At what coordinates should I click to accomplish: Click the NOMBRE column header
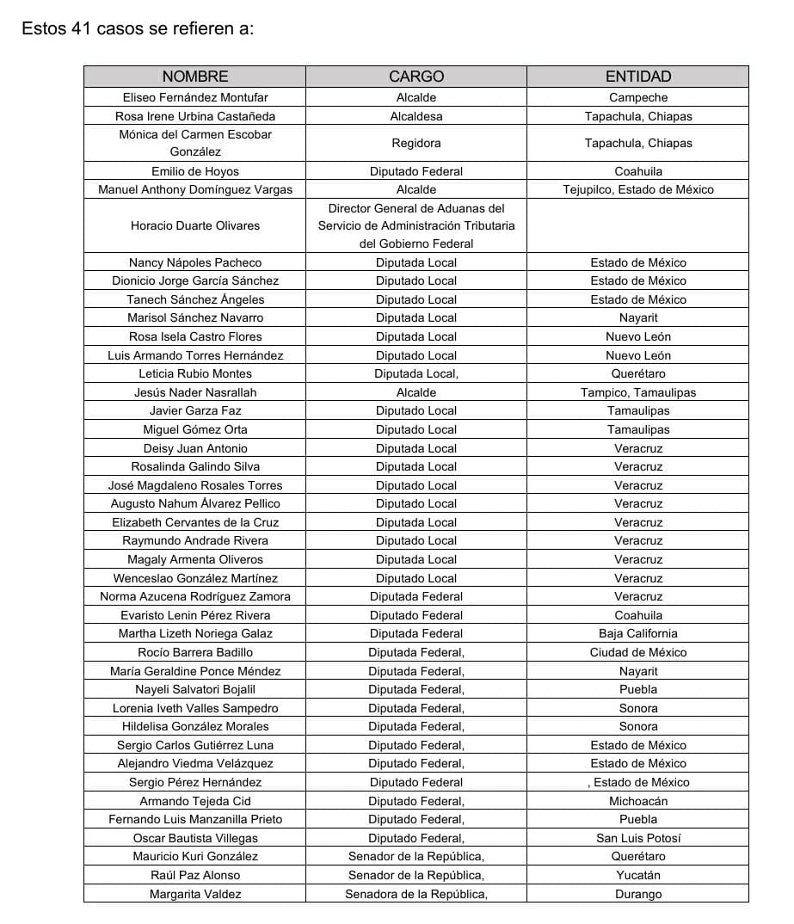pyautogui.click(x=195, y=77)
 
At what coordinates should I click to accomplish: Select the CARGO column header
pyautogui.click(x=416, y=77)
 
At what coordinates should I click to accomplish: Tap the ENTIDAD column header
pyautogui.click(x=638, y=77)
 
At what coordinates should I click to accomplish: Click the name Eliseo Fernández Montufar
pyautogui.click(x=195, y=97)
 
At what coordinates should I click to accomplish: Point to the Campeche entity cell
pyautogui.click(x=638, y=97)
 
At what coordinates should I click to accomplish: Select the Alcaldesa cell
pyautogui.click(x=416, y=116)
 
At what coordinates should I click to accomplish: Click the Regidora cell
pyautogui.click(x=416, y=143)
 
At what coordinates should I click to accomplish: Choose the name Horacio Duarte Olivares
pyautogui.click(x=195, y=225)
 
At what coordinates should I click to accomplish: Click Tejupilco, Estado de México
pyautogui.click(x=638, y=189)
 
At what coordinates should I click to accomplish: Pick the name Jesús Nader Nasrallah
pyautogui.click(x=195, y=392)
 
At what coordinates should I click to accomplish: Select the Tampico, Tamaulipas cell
pyautogui.click(x=638, y=392)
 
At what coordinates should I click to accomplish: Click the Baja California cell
pyautogui.click(x=638, y=633)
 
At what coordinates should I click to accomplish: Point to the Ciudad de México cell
pyautogui.click(x=638, y=652)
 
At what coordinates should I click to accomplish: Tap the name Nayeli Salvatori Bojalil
pyautogui.click(x=195, y=689)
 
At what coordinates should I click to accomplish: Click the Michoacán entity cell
pyautogui.click(x=638, y=801)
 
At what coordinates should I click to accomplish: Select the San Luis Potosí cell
pyautogui.click(x=638, y=838)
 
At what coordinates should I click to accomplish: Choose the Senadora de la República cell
pyautogui.click(x=416, y=894)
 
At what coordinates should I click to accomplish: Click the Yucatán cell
pyautogui.click(x=638, y=875)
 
